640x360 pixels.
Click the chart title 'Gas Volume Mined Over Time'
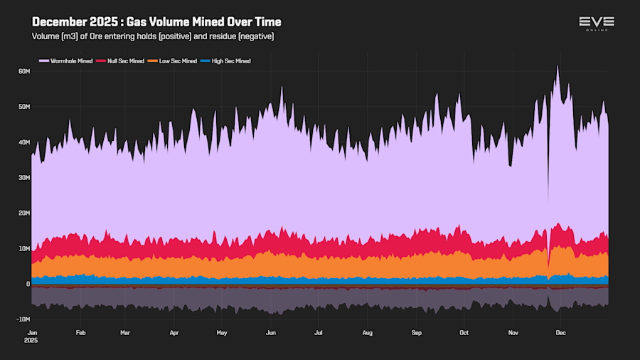pyautogui.click(x=156, y=22)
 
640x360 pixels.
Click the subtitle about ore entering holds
pyautogui.click(x=152, y=36)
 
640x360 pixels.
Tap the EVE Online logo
pyautogui.click(x=597, y=23)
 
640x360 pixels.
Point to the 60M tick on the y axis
pyautogui.click(x=23, y=71)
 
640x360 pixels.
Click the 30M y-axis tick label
pyautogui.click(x=23, y=178)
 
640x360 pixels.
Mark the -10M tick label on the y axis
pyautogui.click(x=22, y=319)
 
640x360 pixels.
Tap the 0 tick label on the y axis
pyautogui.click(x=28, y=284)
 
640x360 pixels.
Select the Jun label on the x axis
pyautogui.click(x=270, y=332)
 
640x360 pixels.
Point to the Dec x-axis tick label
pyautogui.click(x=560, y=332)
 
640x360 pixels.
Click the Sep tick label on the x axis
pyautogui.click(x=417, y=332)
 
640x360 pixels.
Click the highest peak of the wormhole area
pyautogui.click(x=558, y=66)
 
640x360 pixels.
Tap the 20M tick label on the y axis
pyautogui.click(x=23, y=213)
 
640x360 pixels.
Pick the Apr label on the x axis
pyautogui.click(x=174, y=332)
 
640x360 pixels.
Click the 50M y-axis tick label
pyautogui.click(x=23, y=107)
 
